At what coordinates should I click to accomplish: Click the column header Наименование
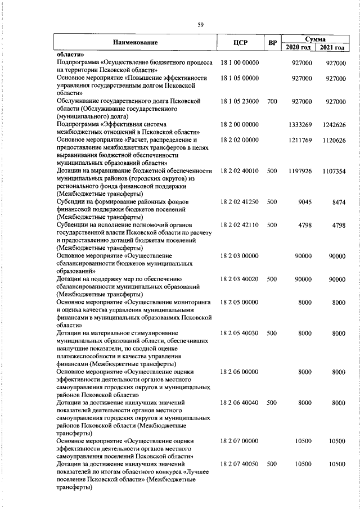coord(135,43)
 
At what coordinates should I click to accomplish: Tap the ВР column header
coord(272,43)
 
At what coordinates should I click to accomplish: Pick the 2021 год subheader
coord(332,47)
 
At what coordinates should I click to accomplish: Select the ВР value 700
coord(272,101)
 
